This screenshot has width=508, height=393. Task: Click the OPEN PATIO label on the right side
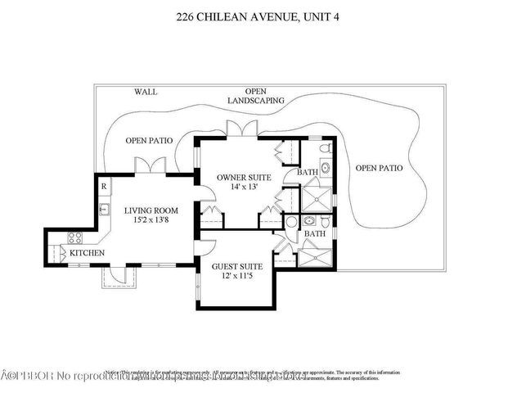coord(379,168)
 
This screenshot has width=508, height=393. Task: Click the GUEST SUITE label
coord(238,266)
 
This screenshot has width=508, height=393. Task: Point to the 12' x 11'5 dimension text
coord(238,277)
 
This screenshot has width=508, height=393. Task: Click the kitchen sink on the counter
coord(104,210)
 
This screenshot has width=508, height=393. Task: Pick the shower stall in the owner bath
coord(316,199)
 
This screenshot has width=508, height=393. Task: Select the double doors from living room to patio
coord(151,165)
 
